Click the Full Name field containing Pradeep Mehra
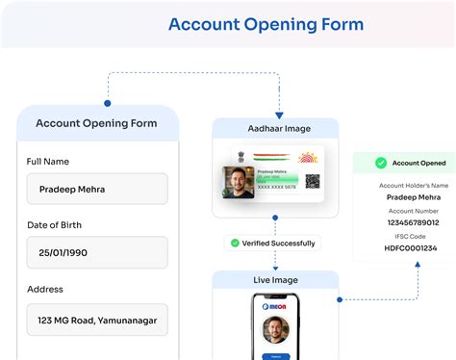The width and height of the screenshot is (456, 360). (97, 189)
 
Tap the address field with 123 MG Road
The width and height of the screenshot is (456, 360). (97, 320)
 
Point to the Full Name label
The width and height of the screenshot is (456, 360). (48, 161)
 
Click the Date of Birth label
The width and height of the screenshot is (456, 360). (62, 224)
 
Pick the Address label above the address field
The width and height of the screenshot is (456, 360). (45, 289)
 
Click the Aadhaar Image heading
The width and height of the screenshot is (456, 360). (275, 128)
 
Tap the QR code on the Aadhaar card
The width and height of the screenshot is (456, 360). (313, 181)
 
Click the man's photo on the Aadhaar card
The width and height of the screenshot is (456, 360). (239, 181)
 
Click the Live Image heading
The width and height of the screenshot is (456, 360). (275, 280)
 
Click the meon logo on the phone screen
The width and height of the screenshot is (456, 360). (275, 309)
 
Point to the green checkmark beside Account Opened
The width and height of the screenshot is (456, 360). (381, 164)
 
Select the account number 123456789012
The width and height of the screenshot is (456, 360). (404, 223)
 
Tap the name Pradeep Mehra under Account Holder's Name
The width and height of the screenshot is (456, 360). (404, 197)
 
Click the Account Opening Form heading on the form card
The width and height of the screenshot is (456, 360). (97, 123)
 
